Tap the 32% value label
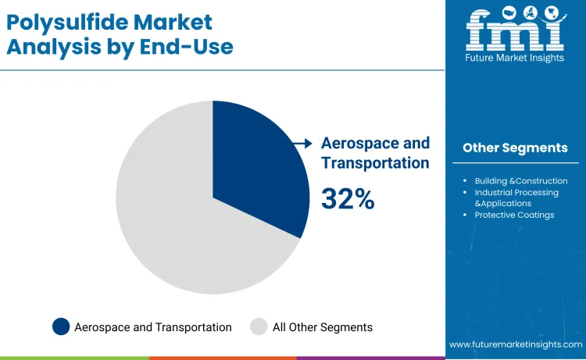(x=348, y=199)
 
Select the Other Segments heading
(x=515, y=148)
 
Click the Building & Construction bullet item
(x=521, y=181)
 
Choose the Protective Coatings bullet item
(x=514, y=215)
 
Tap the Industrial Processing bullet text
(x=516, y=192)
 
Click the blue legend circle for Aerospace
(x=61, y=327)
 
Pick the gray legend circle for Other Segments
(x=259, y=327)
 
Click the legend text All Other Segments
(x=322, y=327)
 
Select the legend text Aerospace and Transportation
(x=153, y=327)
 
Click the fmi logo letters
(x=515, y=30)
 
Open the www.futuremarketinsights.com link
(x=516, y=344)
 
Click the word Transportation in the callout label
(x=375, y=163)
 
